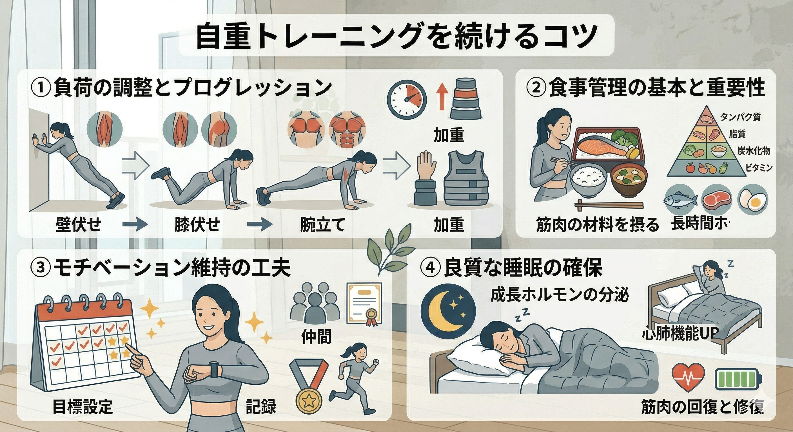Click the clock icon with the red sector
(x=407, y=99)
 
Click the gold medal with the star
(x=308, y=399)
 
